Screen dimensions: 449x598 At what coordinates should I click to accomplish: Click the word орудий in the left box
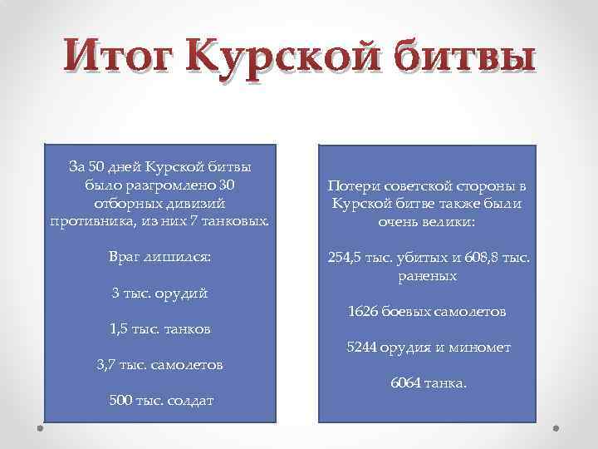[x=184, y=293]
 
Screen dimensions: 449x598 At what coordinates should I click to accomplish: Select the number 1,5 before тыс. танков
[x=121, y=328]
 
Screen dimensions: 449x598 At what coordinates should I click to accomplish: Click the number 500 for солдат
[x=120, y=400]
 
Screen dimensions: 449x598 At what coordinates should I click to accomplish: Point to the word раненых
[x=428, y=275]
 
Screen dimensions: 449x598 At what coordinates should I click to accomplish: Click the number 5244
[x=362, y=348]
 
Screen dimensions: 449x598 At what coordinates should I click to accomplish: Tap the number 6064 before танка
[x=405, y=383]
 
